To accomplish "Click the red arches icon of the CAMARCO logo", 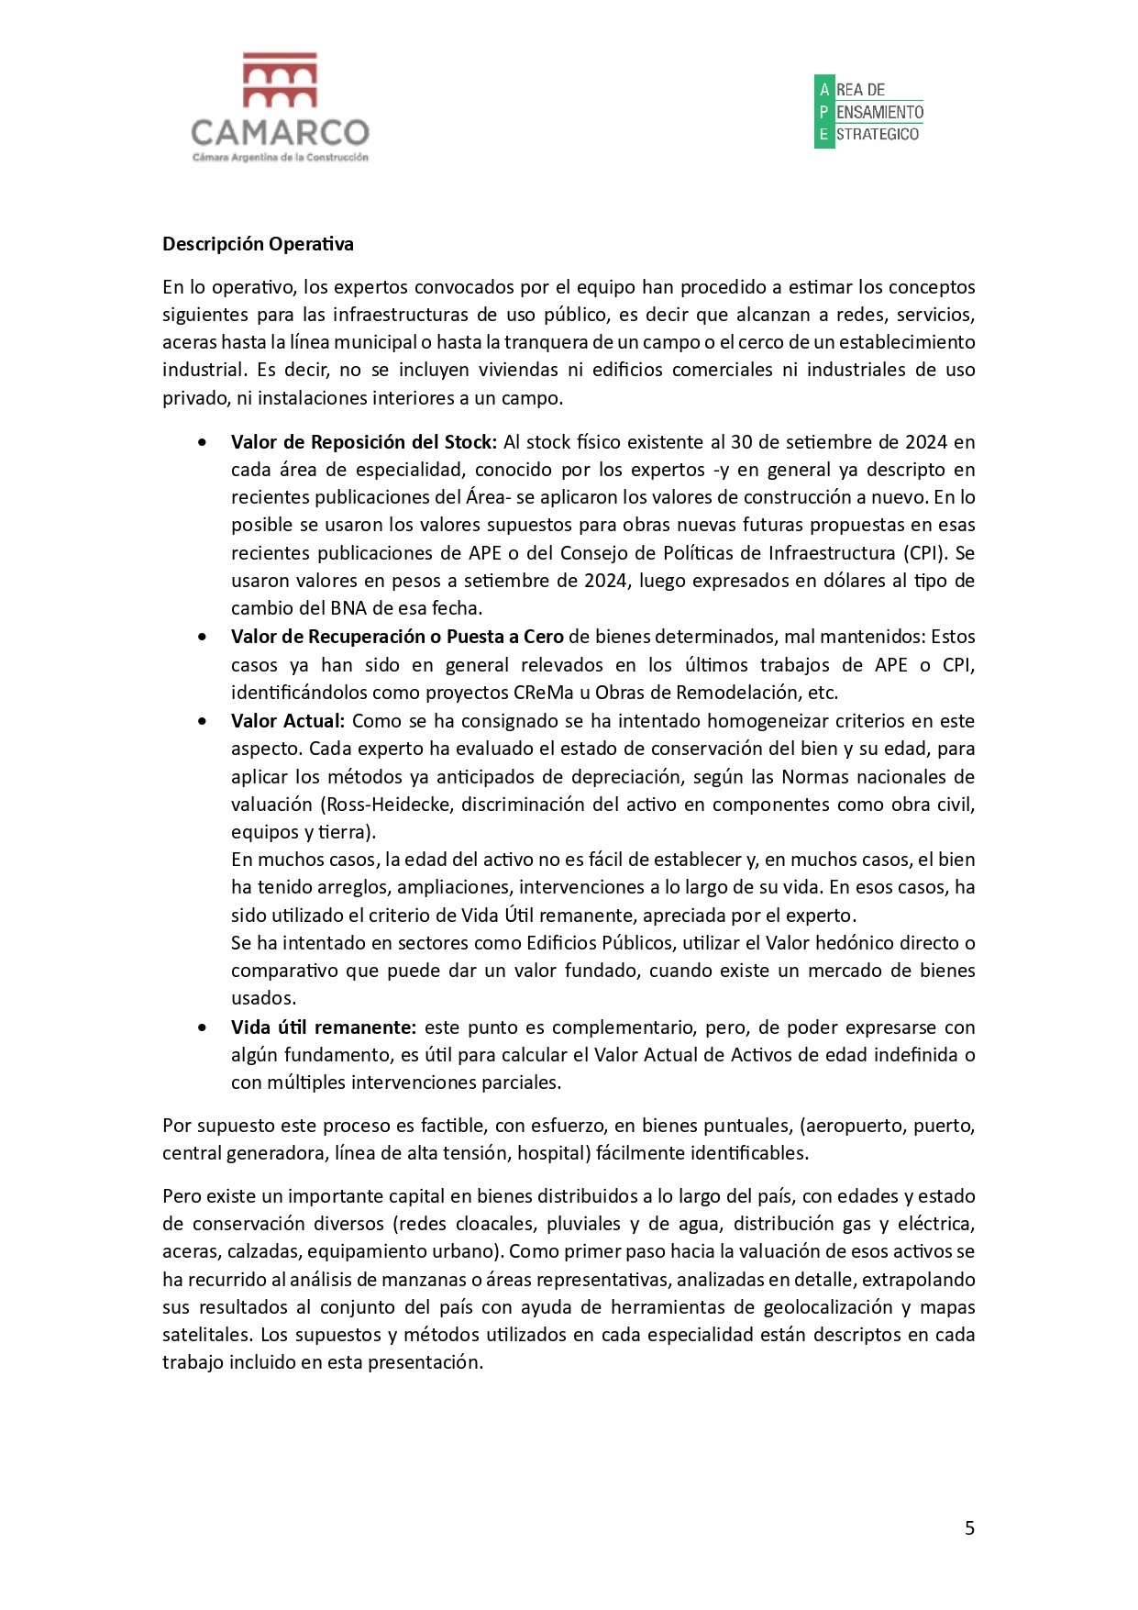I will [x=280, y=80].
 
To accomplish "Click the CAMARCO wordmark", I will [x=280, y=133].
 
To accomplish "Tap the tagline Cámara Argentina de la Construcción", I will [x=280, y=158].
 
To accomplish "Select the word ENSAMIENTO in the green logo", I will [x=879, y=112].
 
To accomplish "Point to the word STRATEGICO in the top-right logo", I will [x=878, y=134].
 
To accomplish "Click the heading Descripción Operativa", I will [x=258, y=244].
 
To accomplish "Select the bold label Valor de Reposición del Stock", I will [x=363, y=442].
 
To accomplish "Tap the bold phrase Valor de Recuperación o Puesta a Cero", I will [x=397, y=637].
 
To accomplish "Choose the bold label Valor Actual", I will [x=287, y=721].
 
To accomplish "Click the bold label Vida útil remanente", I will [x=323, y=1027].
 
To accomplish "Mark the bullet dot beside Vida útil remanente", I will [x=202, y=1027].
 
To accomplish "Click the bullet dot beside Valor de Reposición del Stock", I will [x=202, y=442].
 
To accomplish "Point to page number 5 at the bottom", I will [x=969, y=1527].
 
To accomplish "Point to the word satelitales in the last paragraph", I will [x=205, y=1335].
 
